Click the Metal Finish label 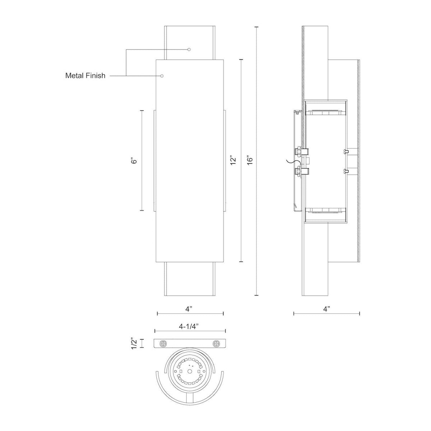(85, 76)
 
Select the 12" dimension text (233, 160)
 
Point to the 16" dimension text (250, 160)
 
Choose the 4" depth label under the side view (326, 309)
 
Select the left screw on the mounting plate (164, 343)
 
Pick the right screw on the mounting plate (216, 343)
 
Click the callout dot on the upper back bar (189, 49)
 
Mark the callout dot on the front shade (162, 76)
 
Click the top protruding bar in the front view (190, 42)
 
